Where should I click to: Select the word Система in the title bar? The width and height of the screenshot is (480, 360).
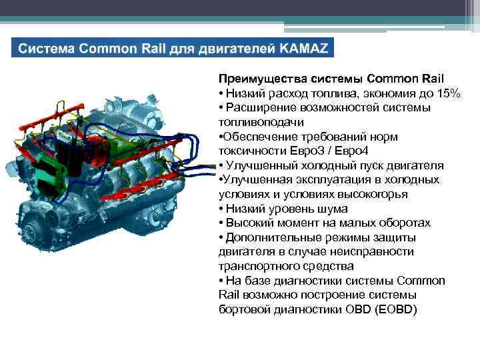[45, 49]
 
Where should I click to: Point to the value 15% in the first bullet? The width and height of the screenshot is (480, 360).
[445, 93]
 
